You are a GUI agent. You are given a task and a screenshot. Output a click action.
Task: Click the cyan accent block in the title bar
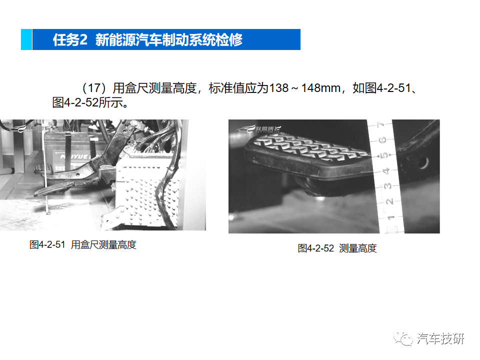(26, 39)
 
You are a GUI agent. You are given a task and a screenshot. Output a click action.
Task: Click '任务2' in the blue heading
(70, 40)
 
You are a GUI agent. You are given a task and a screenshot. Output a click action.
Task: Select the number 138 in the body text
(278, 88)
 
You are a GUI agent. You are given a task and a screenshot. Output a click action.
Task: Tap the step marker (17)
(95, 88)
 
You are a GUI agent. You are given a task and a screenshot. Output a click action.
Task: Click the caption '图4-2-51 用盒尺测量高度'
(83, 245)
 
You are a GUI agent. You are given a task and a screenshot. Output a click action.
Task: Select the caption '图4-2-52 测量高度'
(337, 248)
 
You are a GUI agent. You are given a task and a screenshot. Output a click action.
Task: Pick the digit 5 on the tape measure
(384, 155)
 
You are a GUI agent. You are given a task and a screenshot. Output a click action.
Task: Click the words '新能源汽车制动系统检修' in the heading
(169, 40)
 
